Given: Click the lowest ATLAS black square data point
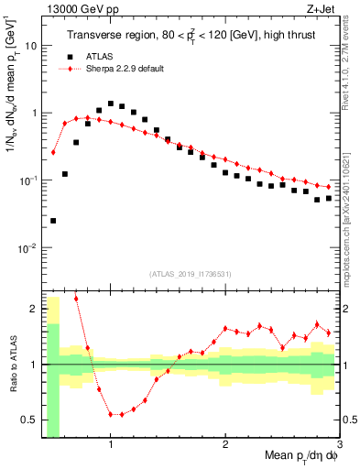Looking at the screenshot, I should pos(53,221).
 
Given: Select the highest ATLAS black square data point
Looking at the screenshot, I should pos(111,104).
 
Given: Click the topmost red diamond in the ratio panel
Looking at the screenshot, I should pos(76,299).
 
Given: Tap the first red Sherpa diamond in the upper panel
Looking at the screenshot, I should pos(53,152).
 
